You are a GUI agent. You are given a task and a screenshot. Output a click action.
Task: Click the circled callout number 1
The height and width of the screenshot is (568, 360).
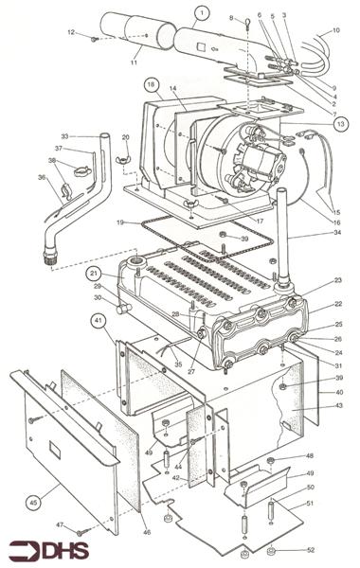(200, 13)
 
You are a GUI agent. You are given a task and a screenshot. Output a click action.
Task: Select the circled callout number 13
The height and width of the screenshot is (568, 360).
(340, 123)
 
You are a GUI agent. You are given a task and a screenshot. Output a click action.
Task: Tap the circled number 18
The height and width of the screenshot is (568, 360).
(150, 85)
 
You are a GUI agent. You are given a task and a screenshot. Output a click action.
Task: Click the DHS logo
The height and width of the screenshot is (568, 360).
(42, 550)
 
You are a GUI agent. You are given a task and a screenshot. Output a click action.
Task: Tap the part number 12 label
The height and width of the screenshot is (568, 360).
(70, 34)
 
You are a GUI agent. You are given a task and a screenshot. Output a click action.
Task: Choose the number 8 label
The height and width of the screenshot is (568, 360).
(230, 18)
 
